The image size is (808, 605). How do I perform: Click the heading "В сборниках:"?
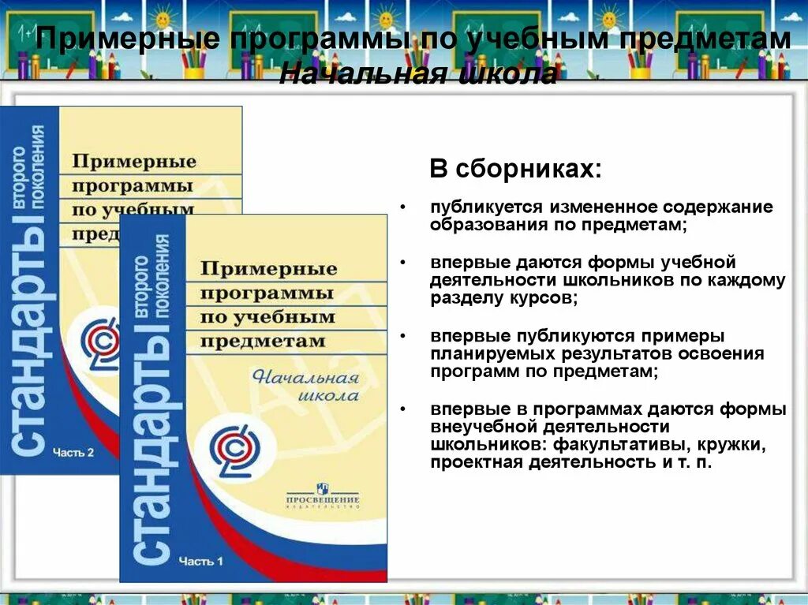click(x=514, y=170)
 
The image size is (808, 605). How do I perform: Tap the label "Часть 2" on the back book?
click(x=73, y=452)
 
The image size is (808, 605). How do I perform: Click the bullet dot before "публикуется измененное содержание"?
click(x=403, y=207)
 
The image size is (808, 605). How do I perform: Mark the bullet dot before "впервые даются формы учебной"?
click(x=403, y=262)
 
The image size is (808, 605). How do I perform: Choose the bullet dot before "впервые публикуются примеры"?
click(x=403, y=335)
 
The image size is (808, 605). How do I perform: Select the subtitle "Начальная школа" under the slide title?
click(x=418, y=73)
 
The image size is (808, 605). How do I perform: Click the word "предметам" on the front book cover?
click(x=263, y=342)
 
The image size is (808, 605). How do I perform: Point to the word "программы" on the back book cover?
click(x=132, y=187)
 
